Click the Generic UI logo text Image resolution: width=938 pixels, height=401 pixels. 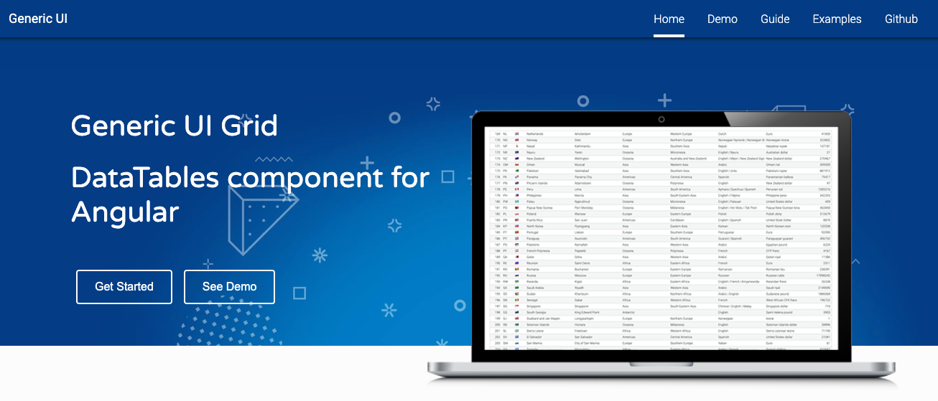pyautogui.click(x=38, y=19)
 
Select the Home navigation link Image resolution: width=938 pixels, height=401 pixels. pyautogui.click(x=669, y=19)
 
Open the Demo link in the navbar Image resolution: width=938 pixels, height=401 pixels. pyautogui.click(x=723, y=19)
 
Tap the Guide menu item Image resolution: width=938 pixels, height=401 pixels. pyautogui.click(x=775, y=19)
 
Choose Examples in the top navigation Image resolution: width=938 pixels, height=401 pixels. pyautogui.click(x=837, y=19)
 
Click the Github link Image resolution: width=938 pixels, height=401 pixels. pyautogui.click(x=901, y=19)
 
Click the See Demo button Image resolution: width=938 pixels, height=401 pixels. pyautogui.click(x=229, y=287)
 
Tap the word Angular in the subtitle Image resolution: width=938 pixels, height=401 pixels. pyautogui.click(x=125, y=212)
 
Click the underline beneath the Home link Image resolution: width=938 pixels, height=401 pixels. pyautogui.click(x=669, y=35)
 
